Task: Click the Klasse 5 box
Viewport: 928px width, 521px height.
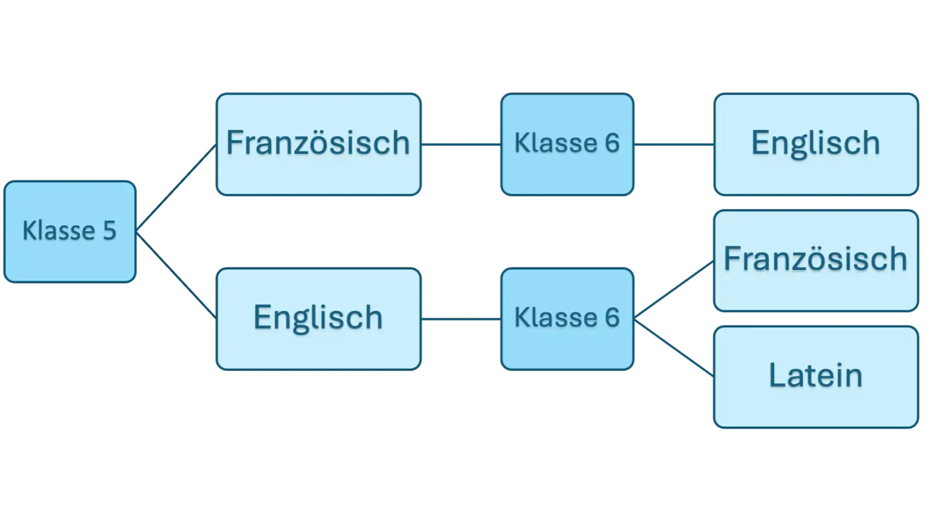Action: (x=69, y=232)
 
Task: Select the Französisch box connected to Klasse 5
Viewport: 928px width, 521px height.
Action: (x=318, y=144)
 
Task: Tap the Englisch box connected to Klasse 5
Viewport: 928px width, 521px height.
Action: (x=318, y=319)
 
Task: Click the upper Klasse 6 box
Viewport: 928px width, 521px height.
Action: (x=567, y=144)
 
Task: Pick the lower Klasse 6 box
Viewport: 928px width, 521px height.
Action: (x=567, y=319)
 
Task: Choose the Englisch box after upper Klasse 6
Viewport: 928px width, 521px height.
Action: (x=816, y=144)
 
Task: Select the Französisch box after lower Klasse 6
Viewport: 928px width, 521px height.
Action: (x=816, y=260)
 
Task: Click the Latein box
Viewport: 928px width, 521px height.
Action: (x=816, y=377)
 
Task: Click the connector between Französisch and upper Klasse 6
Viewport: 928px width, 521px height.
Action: (x=461, y=145)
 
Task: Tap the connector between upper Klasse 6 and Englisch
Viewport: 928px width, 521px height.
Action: (x=674, y=145)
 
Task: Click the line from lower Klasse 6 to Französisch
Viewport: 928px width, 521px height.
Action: (x=674, y=289)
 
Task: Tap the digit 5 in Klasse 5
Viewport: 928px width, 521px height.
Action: (x=109, y=231)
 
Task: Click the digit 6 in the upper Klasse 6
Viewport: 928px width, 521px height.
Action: (x=612, y=144)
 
